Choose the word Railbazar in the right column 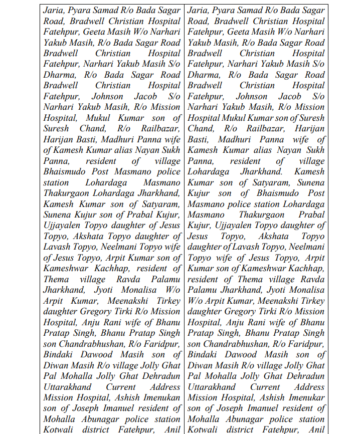pyautogui.click(x=262, y=128)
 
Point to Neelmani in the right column pyautogui.click(x=305, y=247)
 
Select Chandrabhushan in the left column pyautogui.click(x=91, y=344)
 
